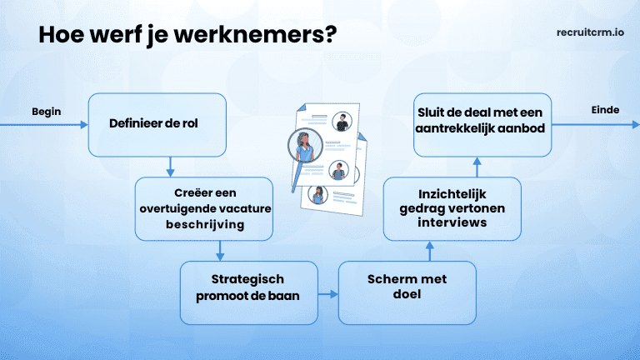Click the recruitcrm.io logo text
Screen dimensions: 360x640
(590, 34)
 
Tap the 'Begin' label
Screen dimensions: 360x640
(47, 111)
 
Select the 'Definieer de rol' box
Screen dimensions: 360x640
(157, 125)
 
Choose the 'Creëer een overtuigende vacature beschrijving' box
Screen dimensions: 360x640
(204, 208)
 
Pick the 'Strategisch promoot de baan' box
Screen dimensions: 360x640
(249, 292)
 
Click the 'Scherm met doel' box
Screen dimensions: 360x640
(407, 292)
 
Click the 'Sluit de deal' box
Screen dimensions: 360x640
(482, 124)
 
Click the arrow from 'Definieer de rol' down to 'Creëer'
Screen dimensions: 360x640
(170, 167)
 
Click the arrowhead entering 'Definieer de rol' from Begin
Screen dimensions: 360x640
(82, 125)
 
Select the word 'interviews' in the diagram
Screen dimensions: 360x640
(452, 223)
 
